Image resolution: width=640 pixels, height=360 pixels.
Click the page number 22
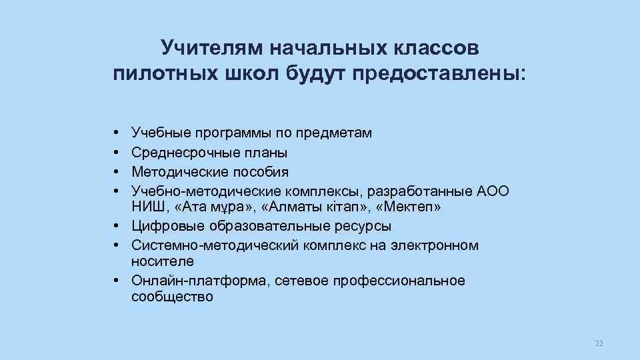point(598,343)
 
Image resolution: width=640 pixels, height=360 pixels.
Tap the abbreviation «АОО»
point(493,191)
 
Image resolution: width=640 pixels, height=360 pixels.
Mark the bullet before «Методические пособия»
point(116,172)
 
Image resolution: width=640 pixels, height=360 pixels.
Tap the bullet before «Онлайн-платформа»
point(116,281)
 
